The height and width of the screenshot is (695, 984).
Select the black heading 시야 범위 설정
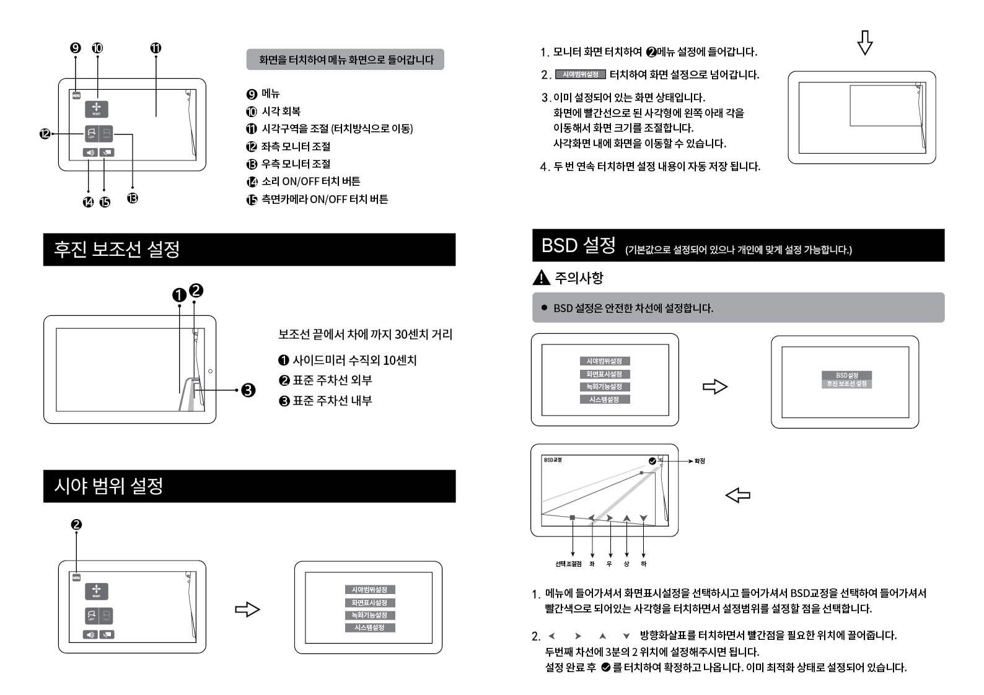[x=108, y=486]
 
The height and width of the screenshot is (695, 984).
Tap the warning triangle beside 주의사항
[x=541, y=278]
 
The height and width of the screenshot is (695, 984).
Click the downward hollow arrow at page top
[x=865, y=42]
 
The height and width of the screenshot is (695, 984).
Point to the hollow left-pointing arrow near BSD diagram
[x=737, y=495]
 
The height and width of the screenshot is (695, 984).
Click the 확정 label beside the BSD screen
[x=700, y=461]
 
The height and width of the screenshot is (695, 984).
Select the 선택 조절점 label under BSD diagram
[x=568, y=564]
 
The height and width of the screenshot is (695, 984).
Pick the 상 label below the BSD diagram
[x=626, y=564]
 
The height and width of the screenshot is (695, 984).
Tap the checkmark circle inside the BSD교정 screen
[x=652, y=461]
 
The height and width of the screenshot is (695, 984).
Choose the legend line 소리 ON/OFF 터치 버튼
[x=310, y=181]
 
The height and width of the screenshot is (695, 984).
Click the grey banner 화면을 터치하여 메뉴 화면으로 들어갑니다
[x=345, y=59]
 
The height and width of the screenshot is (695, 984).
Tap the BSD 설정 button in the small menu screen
[x=846, y=375]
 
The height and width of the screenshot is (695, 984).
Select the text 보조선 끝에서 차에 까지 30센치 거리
[x=365, y=334]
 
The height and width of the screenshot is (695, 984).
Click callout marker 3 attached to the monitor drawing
[x=248, y=390]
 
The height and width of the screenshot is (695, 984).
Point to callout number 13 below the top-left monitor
[x=132, y=198]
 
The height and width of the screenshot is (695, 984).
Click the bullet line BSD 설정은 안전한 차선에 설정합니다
[x=633, y=308]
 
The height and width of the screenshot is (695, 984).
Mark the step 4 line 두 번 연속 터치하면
[x=656, y=167]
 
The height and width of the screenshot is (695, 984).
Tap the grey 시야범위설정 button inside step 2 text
[x=580, y=74]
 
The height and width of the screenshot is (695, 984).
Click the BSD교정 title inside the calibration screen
[x=553, y=460]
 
